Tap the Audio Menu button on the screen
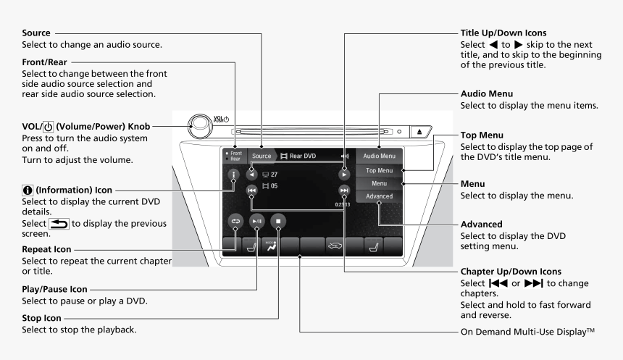[379, 156]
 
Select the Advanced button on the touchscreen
[379, 196]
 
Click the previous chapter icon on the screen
[251, 191]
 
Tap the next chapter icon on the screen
[343, 191]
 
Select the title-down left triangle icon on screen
[251, 175]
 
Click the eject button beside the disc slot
[422, 133]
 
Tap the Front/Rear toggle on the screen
[234, 156]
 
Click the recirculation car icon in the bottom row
[334, 246]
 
